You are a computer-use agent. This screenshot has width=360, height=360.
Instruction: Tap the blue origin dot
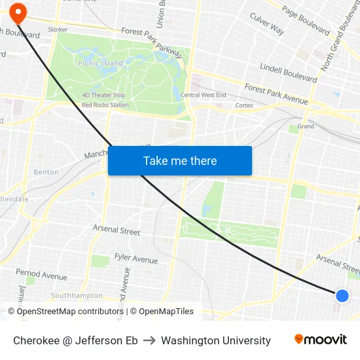pyautogui.click(x=342, y=296)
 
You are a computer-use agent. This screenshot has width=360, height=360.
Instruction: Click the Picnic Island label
pyautogui.click(x=101, y=63)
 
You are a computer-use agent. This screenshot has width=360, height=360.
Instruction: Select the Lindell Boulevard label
pyautogui.click(x=289, y=73)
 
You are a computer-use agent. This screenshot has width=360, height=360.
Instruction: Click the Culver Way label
pyautogui.click(x=267, y=24)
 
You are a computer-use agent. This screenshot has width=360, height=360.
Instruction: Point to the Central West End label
pyautogui.click(x=204, y=96)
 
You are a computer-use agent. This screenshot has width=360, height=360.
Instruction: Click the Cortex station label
pyautogui.click(x=244, y=105)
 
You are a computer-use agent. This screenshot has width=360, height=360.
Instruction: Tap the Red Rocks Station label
pyautogui.click(x=105, y=105)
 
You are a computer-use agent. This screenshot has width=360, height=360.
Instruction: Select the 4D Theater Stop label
pyautogui.click(x=103, y=96)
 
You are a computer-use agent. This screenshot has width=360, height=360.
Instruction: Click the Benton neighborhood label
pyautogui.click(x=46, y=172)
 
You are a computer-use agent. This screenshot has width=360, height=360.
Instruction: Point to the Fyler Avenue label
pyautogui.click(x=136, y=259)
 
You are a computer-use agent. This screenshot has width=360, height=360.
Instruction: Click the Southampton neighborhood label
pyautogui.click(x=77, y=295)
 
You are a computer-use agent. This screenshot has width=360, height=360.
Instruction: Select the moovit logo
pyautogui.click(x=321, y=340)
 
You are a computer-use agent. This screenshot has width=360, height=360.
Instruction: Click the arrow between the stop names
pyautogui.click(x=149, y=340)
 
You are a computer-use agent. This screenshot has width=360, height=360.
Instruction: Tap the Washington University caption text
pyautogui.click(x=216, y=340)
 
